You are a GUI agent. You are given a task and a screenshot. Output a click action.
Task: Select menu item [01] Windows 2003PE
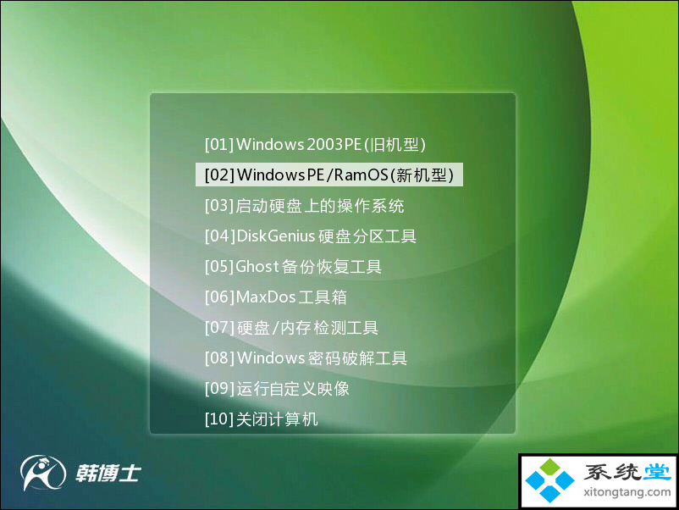[315, 144]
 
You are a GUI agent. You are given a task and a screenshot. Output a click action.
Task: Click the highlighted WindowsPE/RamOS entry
[329, 175]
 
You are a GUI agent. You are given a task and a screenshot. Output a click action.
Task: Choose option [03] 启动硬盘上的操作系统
[305, 205]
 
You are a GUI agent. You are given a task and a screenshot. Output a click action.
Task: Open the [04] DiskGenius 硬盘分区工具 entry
[311, 236]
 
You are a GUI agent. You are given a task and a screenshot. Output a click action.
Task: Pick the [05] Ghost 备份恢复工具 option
[293, 267]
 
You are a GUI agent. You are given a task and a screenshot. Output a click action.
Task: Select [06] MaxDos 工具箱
[275, 297]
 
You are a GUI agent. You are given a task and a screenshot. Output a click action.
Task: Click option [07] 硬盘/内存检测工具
[291, 328]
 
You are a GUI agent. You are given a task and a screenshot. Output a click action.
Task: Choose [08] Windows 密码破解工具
[306, 358]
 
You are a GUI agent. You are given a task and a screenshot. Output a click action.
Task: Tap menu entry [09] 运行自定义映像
[277, 389]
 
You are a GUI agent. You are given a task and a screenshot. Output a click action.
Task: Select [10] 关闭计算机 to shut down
[261, 419]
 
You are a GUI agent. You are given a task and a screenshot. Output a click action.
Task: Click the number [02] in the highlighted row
[219, 175]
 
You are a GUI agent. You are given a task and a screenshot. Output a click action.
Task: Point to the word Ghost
[257, 267]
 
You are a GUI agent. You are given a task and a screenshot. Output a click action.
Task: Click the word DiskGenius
[275, 236]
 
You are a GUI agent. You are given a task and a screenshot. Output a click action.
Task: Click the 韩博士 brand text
[108, 473]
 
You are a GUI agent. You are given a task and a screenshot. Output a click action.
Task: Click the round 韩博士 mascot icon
[42, 472]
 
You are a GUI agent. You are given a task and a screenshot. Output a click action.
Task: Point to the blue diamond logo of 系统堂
[549, 480]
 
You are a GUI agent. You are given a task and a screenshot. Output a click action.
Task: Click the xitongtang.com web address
[627, 492]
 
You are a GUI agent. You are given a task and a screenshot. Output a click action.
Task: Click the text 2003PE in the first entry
[334, 144]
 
